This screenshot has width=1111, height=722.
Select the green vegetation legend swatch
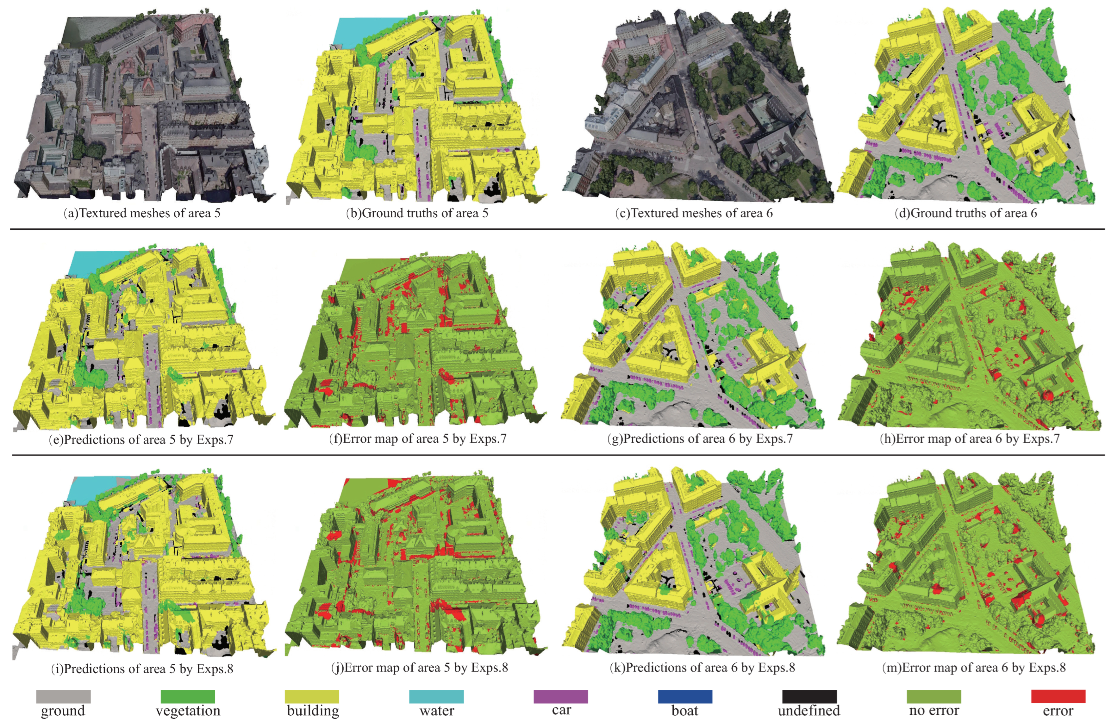[x=187, y=696]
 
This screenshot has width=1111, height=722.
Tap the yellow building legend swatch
[x=312, y=696]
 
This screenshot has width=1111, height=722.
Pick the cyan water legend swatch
[x=436, y=696]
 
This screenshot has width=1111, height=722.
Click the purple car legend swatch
[x=561, y=696]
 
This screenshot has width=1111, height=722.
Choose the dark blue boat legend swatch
[x=685, y=696]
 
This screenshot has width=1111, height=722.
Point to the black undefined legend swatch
[x=809, y=696]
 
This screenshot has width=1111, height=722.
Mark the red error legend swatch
[x=1058, y=696]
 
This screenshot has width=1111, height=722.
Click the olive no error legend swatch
[x=934, y=696]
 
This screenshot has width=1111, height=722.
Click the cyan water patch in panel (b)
[x=359, y=30]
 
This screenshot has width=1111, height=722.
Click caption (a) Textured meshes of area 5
[x=142, y=213]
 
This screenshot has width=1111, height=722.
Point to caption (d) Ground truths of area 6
[x=965, y=213]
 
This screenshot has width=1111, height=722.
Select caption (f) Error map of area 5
[x=417, y=439]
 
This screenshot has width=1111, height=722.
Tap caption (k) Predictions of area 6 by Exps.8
[x=702, y=667]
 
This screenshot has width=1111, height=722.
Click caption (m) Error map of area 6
[x=974, y=667]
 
